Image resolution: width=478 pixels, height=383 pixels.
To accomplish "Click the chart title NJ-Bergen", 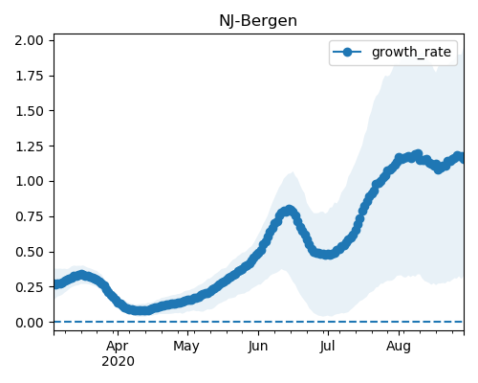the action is [x=258, y=21].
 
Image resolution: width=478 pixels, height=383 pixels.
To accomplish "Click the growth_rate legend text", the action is [x=411, y=52].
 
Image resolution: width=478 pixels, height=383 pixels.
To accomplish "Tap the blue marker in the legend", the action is [x=347, y=52].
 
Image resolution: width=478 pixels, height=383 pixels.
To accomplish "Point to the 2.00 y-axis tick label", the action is [x=30, y=40].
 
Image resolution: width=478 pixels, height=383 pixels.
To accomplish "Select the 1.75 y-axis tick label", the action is [x=30, y=76].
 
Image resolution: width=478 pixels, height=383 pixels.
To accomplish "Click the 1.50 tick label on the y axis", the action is [x=30, y=111].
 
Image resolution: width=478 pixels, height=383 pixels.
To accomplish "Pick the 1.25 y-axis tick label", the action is [x=30, y=146].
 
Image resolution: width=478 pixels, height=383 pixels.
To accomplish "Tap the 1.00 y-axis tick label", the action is [x=30, y=181].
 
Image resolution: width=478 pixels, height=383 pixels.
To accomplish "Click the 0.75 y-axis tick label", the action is [x=30, y=216].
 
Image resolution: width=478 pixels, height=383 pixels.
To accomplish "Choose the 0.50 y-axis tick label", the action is [x=30, y=252].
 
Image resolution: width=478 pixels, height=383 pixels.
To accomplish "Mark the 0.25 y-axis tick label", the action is [x=30, y=287].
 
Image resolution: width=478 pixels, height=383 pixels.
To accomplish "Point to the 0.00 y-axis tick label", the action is [x=30, y=323].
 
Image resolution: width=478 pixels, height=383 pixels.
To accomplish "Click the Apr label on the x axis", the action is [x=118, y=347].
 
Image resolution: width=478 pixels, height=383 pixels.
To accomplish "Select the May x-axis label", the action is [x=186, y=347].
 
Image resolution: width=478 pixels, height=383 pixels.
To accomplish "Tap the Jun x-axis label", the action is [x=258, y=346].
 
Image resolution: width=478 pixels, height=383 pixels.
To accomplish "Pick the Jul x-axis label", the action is [x=328, y=346].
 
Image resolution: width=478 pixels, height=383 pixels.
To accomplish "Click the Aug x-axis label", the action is [x=399, y=347].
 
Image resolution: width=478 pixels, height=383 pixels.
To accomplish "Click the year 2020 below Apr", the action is [x=118, y=362].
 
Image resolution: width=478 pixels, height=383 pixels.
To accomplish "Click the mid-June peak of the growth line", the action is [x=289, y=211].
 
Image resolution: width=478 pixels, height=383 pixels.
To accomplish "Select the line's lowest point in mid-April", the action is [x=141, y=310].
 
